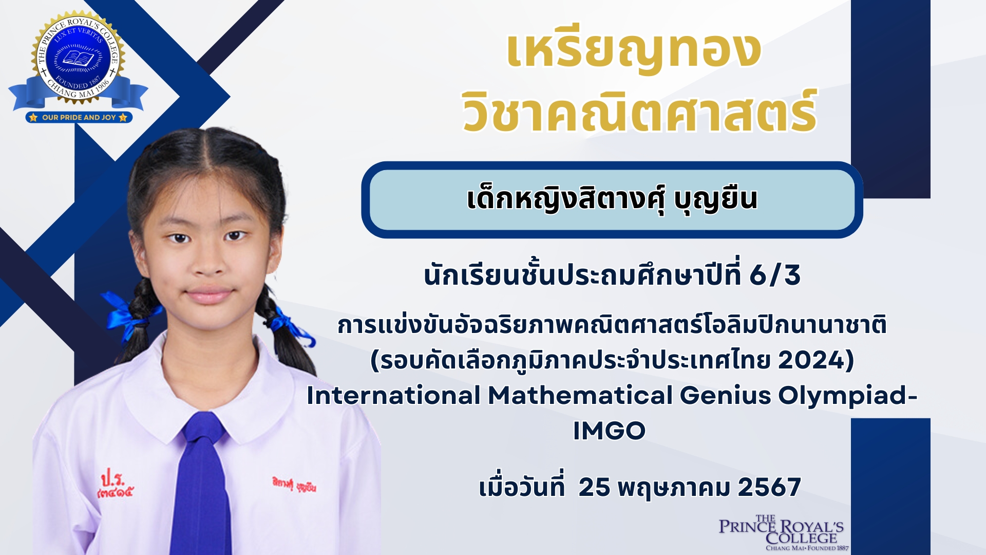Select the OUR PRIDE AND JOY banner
pos(79,117)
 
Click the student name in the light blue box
pos(612,199)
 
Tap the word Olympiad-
pos(848,396)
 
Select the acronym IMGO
pos(609,431)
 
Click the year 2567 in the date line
pos(769,487)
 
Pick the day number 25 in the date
pos(594,487)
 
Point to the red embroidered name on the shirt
pos(294,484)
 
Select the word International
pos(393,396)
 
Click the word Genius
pos(726,396)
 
